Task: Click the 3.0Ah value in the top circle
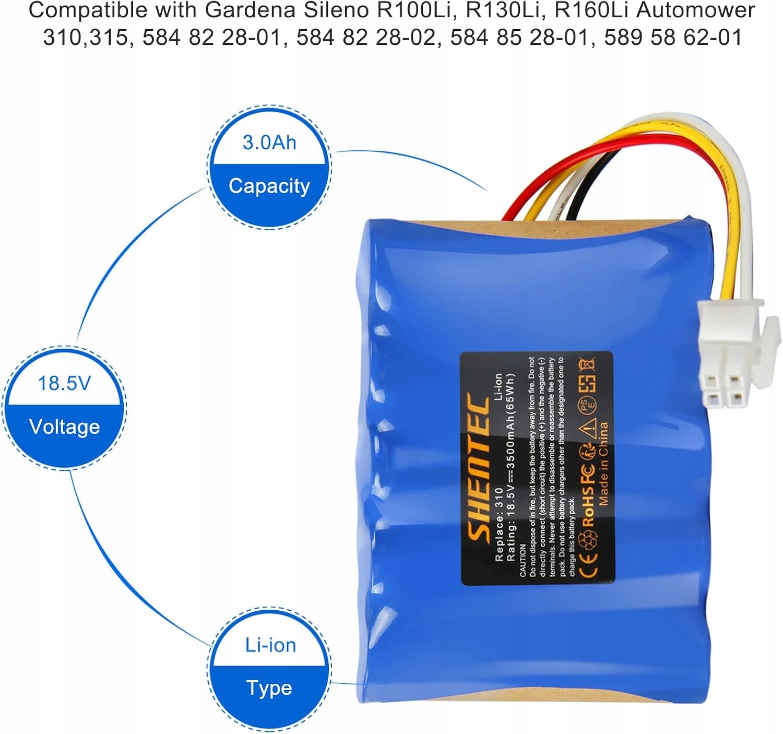point(269,143)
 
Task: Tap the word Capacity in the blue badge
point(269,186)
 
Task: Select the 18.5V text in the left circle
point(64,383)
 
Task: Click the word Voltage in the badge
point(64,427)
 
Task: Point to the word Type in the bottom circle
point(269,688)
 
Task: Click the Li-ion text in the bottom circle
point(270,645)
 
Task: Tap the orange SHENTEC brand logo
point(479,470)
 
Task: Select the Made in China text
point(603,464)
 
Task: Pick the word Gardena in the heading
point(238,10)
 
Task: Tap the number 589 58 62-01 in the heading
point(673,37)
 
